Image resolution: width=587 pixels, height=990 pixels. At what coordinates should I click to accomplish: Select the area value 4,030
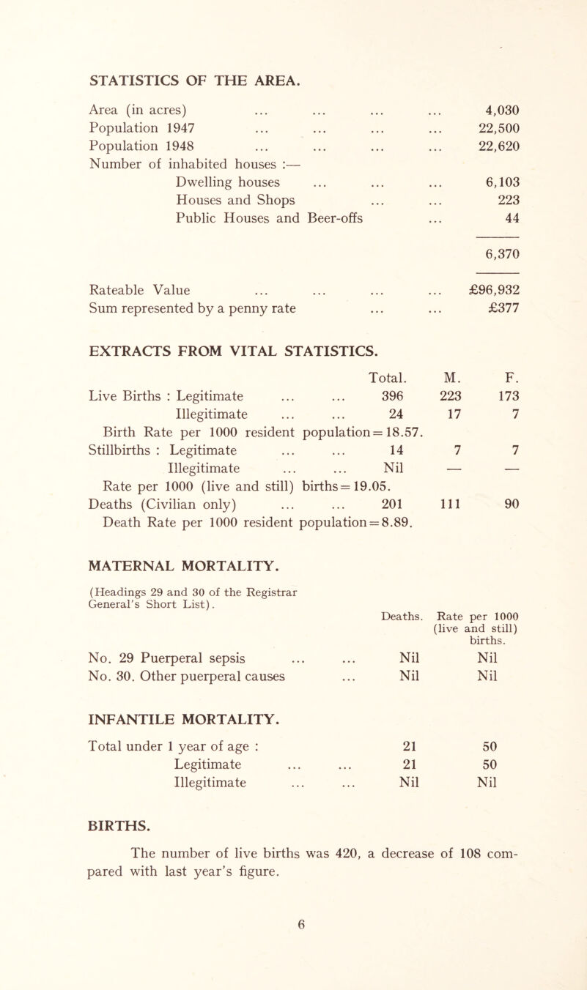496,111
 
